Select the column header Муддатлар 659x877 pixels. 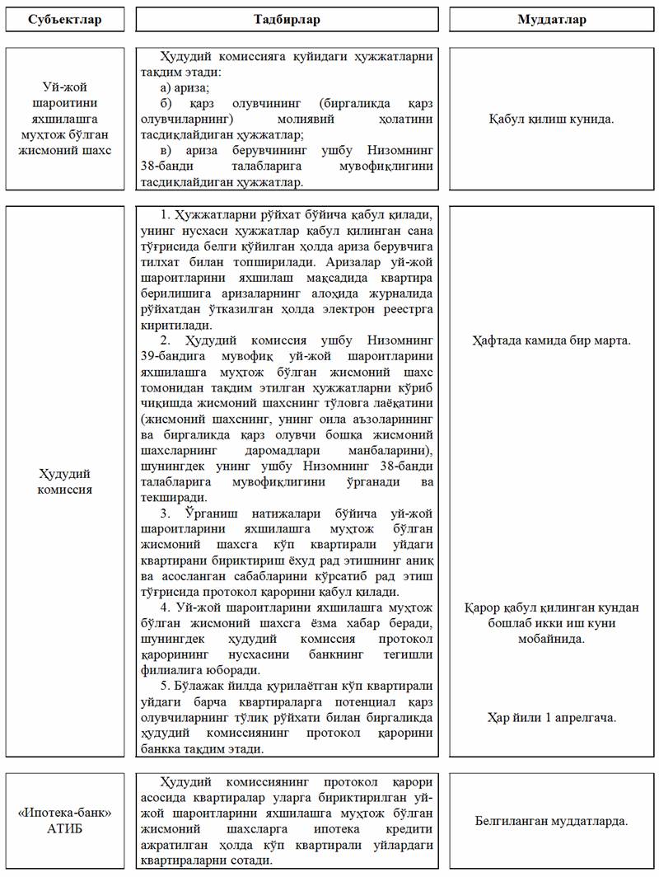[x=552, y=19]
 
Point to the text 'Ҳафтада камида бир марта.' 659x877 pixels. [x=552, y=340]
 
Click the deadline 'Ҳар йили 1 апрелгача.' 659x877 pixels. [x=552, y=717]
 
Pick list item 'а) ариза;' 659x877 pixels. [x=188, y=87]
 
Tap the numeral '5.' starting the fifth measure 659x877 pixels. [x=166, y=687]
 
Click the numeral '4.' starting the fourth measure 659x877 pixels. [x=166, y=608]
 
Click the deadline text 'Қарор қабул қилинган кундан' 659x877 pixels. [x=552, y=607]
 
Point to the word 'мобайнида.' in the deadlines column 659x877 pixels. [x=552, y=639]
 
